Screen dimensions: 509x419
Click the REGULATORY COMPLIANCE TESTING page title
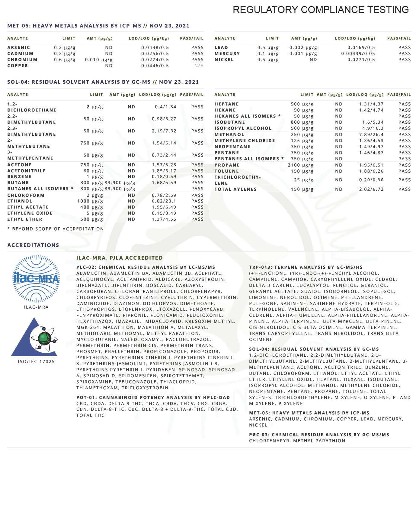pos(321,10)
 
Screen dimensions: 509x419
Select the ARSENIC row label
pos(19,47)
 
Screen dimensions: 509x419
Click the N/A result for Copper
pos(199,66)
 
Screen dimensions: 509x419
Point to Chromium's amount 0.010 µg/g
pos(99,60)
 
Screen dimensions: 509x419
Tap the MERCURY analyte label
pos(227,53)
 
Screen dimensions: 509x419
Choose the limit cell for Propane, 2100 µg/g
pos(300,165)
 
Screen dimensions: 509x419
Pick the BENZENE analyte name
pos(19,177)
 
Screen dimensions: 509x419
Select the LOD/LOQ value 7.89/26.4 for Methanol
pos(371,135)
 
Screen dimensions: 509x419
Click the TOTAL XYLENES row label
pos(235,189)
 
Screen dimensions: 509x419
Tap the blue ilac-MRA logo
pos(36,278)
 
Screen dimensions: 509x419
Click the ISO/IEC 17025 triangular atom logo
pos(34,337)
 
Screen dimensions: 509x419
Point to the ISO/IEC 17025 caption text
pos(36,361)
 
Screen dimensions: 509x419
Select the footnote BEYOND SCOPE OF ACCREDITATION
pos(56,229)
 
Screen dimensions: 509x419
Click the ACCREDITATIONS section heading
pos(33,245)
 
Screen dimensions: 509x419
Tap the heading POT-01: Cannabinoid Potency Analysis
pos(153,397)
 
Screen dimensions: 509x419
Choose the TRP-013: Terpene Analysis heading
pos(306,267)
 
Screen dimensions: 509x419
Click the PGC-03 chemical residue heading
pos(319,435)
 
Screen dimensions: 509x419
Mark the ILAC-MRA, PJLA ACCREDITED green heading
pos(120,258)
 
